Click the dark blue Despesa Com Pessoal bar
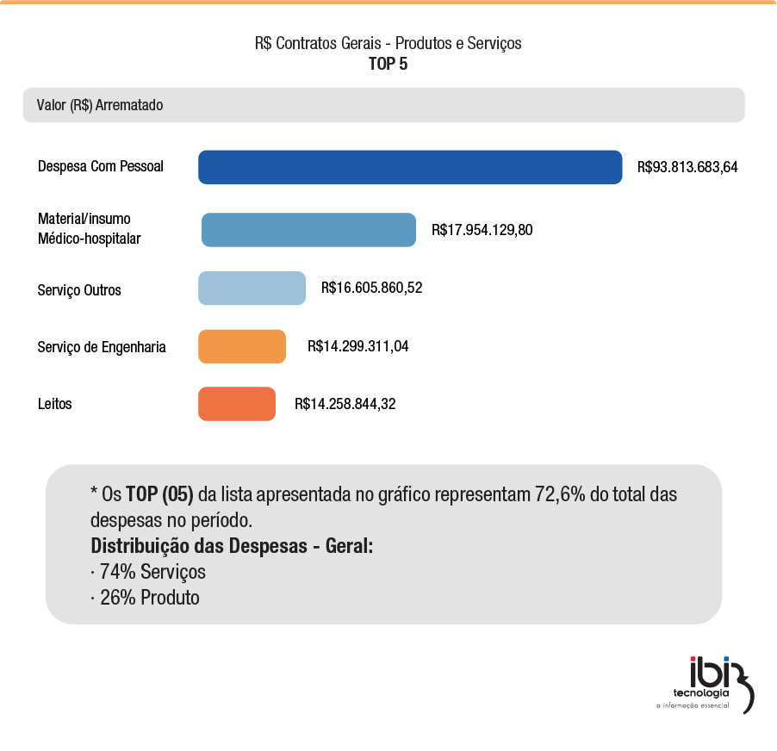[410, 167]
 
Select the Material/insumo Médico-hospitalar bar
[308, 230]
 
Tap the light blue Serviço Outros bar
[252, 289]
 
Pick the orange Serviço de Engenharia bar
[242, 346]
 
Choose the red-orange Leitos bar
[237, 404]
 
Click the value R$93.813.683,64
[687, 167]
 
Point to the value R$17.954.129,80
[482, 230]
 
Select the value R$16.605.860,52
[371, 289]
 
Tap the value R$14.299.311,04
[357, 346]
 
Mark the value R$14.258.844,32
[345, 404]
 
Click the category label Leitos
[55, 404]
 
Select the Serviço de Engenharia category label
[102, 347]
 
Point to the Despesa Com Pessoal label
[101, 166]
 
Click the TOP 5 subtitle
[388, 64]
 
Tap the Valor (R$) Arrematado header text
[100, 105]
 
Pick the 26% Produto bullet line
[145, 597]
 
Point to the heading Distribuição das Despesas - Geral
[232, 546]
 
